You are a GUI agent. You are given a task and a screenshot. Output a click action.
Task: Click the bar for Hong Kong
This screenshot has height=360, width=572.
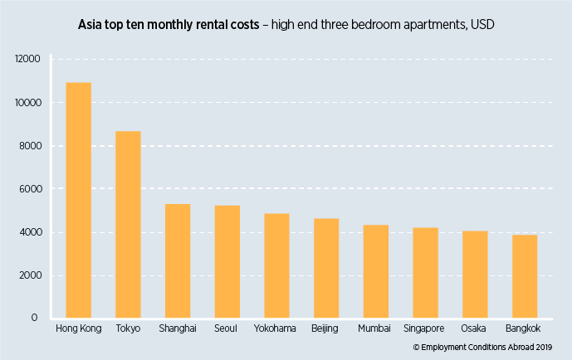point(78,200)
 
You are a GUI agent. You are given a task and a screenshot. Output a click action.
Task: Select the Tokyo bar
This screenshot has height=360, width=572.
point(128,224)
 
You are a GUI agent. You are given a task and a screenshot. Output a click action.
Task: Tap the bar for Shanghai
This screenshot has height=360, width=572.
point(178,260)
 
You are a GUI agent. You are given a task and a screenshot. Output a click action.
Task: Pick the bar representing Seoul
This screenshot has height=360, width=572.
point(227,261)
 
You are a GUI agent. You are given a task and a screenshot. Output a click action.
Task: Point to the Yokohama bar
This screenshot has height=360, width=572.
point(276,265)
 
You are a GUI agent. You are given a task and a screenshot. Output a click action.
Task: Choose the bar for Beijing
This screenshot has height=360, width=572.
point(326,268)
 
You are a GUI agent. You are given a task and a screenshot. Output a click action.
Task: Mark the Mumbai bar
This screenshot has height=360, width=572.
point(375,271)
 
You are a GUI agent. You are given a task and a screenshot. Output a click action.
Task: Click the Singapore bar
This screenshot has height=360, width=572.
point(425,272)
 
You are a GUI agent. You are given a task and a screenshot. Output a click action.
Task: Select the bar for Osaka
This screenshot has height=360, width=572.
point(475,274)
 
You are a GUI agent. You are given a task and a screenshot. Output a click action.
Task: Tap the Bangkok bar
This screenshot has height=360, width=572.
point(525,276)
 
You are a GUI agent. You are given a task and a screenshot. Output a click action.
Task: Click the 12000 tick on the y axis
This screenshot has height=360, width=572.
point(27,60)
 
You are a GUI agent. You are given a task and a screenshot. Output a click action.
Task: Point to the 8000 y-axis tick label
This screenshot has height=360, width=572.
point(28,146)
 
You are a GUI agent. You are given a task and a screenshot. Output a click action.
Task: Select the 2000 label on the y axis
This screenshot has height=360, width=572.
point(28,275)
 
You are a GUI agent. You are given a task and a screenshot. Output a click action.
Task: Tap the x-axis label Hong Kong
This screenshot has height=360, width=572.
point(78,329)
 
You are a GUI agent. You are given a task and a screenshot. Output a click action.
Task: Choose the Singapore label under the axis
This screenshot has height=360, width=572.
point(425,329)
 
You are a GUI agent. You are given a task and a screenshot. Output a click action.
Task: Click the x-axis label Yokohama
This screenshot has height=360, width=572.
point(276,329)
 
